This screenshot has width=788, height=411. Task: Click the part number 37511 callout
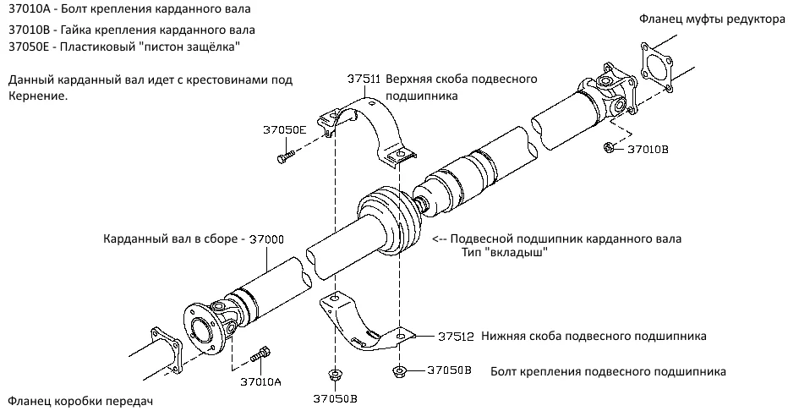pos(363,79)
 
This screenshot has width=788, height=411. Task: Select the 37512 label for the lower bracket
pos(456,336)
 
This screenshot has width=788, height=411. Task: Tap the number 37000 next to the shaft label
pos(268,239)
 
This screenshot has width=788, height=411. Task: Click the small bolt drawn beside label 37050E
pos(285,156)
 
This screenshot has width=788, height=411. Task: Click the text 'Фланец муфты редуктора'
pos(712,19)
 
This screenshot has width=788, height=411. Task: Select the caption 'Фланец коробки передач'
pos(82,399)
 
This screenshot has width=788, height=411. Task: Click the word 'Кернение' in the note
pos(37,96)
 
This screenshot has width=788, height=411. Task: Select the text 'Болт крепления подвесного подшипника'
pos(607,371)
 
